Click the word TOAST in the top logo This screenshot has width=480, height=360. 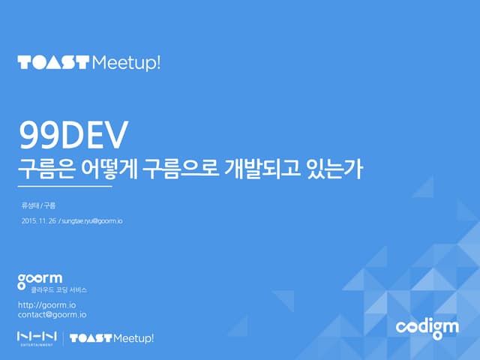coord(53,62)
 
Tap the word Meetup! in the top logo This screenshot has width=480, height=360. coord(125,62)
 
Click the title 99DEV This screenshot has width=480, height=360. coord(74,136)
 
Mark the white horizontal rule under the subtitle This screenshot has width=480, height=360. coord(64,187)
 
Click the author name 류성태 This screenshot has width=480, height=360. coord(30,205)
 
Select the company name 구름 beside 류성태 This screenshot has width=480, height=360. coord(50,205)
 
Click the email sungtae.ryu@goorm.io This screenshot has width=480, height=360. coord(91,221)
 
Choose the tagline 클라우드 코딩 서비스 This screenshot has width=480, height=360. coord(64,290)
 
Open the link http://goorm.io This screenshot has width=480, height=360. coord(46,305)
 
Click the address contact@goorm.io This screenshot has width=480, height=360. coord(52,315)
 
